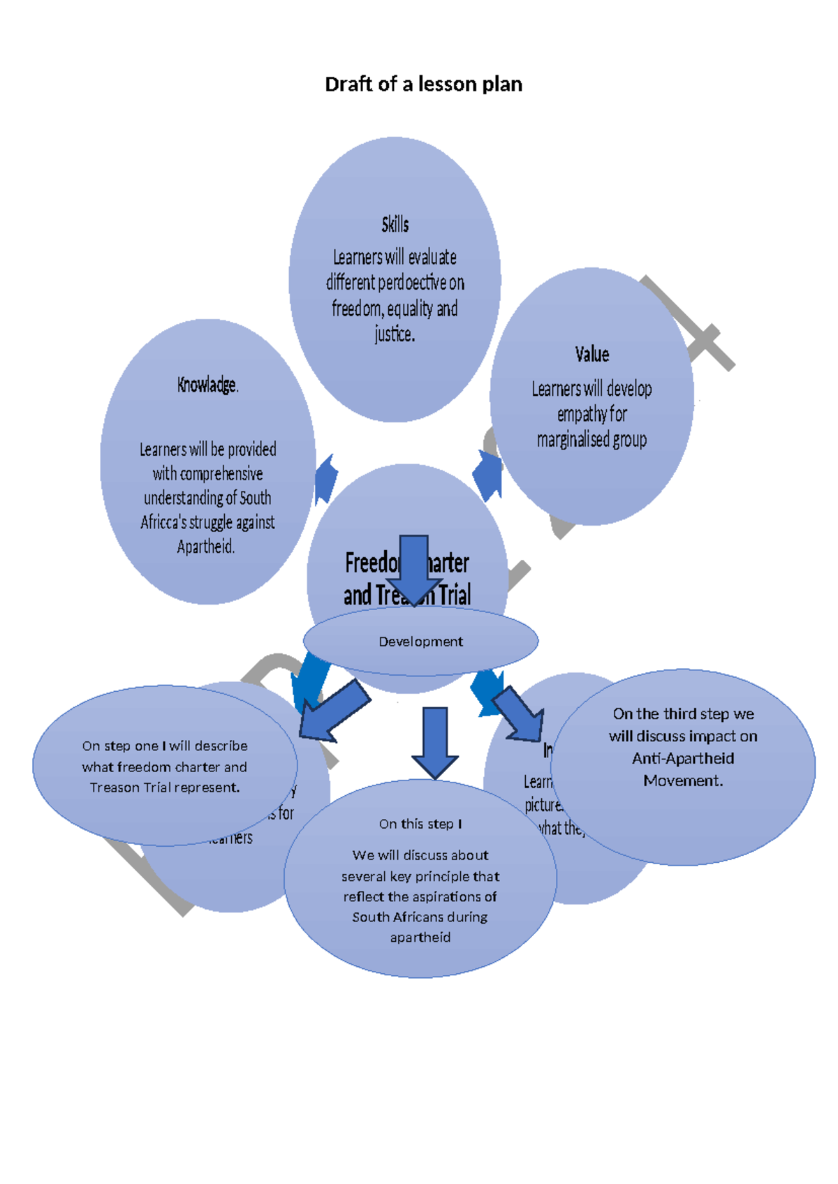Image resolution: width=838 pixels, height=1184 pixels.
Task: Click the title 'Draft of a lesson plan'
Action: [423, 84]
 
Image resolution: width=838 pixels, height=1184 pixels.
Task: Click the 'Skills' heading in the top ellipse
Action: [395, 225]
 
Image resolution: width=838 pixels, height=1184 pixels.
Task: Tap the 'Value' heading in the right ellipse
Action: [591, 355]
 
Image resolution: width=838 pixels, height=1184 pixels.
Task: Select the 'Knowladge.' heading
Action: [207, 385]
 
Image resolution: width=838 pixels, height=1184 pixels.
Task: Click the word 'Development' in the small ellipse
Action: [420, 642]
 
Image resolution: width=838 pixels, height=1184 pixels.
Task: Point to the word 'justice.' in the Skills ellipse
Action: [395, 334]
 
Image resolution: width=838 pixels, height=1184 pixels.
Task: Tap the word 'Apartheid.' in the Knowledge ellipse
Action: [205, 547]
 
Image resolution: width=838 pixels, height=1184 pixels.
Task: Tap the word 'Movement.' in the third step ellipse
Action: [683, 781]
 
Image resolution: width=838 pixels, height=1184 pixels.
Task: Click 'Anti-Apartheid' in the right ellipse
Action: [683, 759]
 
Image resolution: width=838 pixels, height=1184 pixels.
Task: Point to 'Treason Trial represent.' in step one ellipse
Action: [165, 787]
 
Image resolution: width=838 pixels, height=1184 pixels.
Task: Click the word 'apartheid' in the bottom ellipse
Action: [420, 938]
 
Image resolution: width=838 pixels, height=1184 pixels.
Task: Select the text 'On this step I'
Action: [420, 824]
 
